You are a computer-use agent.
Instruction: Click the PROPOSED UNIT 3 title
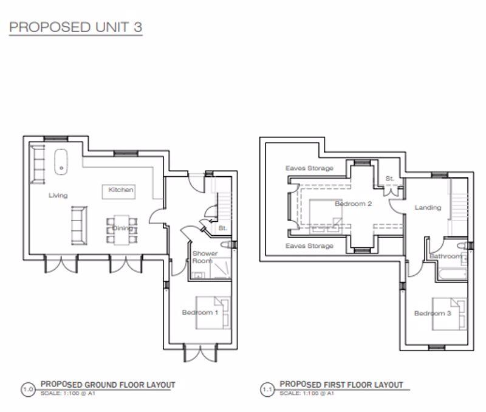click(x=75, y=27)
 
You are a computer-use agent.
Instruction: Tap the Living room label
click(x=58, y=196)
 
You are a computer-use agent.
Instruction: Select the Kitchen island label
click(x=120, y=190)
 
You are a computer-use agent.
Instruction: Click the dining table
click(x=122, y=229)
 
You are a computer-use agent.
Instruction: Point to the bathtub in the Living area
click(x=61, y=161)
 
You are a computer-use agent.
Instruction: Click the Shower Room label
click(x=202, y=257)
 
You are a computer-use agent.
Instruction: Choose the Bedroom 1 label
click(x=200, y=312)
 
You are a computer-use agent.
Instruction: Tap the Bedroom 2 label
click(x=353, y=204)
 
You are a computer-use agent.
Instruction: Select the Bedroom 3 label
click(x=432, y=314)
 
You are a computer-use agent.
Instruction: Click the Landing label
click(x=428, y=208)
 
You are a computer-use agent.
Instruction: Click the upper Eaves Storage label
click(x=309, y=168)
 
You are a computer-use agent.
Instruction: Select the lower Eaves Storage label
click(x=309, y=246)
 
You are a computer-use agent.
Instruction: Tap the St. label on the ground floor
click(x=222, y=228)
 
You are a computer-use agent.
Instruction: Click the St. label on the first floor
click(x=389, y=179)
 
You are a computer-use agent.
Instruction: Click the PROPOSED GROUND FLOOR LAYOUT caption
click(x=108, y=385)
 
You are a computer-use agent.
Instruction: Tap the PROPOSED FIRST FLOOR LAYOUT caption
click(x=341, y=385)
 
